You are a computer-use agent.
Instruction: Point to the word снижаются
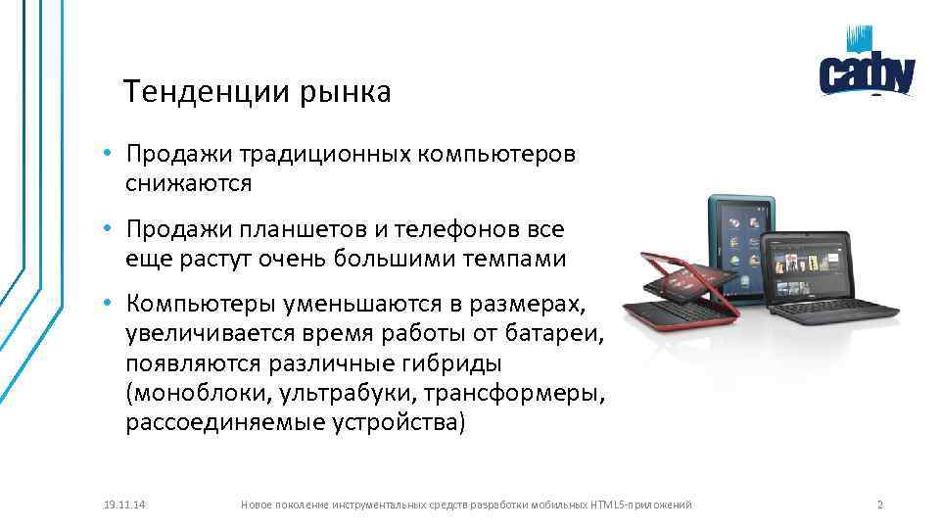click(x=188, y=182)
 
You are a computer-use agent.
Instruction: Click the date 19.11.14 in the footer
click(x=124, y=505)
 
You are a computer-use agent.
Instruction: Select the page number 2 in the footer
click(x=879, y=505)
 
